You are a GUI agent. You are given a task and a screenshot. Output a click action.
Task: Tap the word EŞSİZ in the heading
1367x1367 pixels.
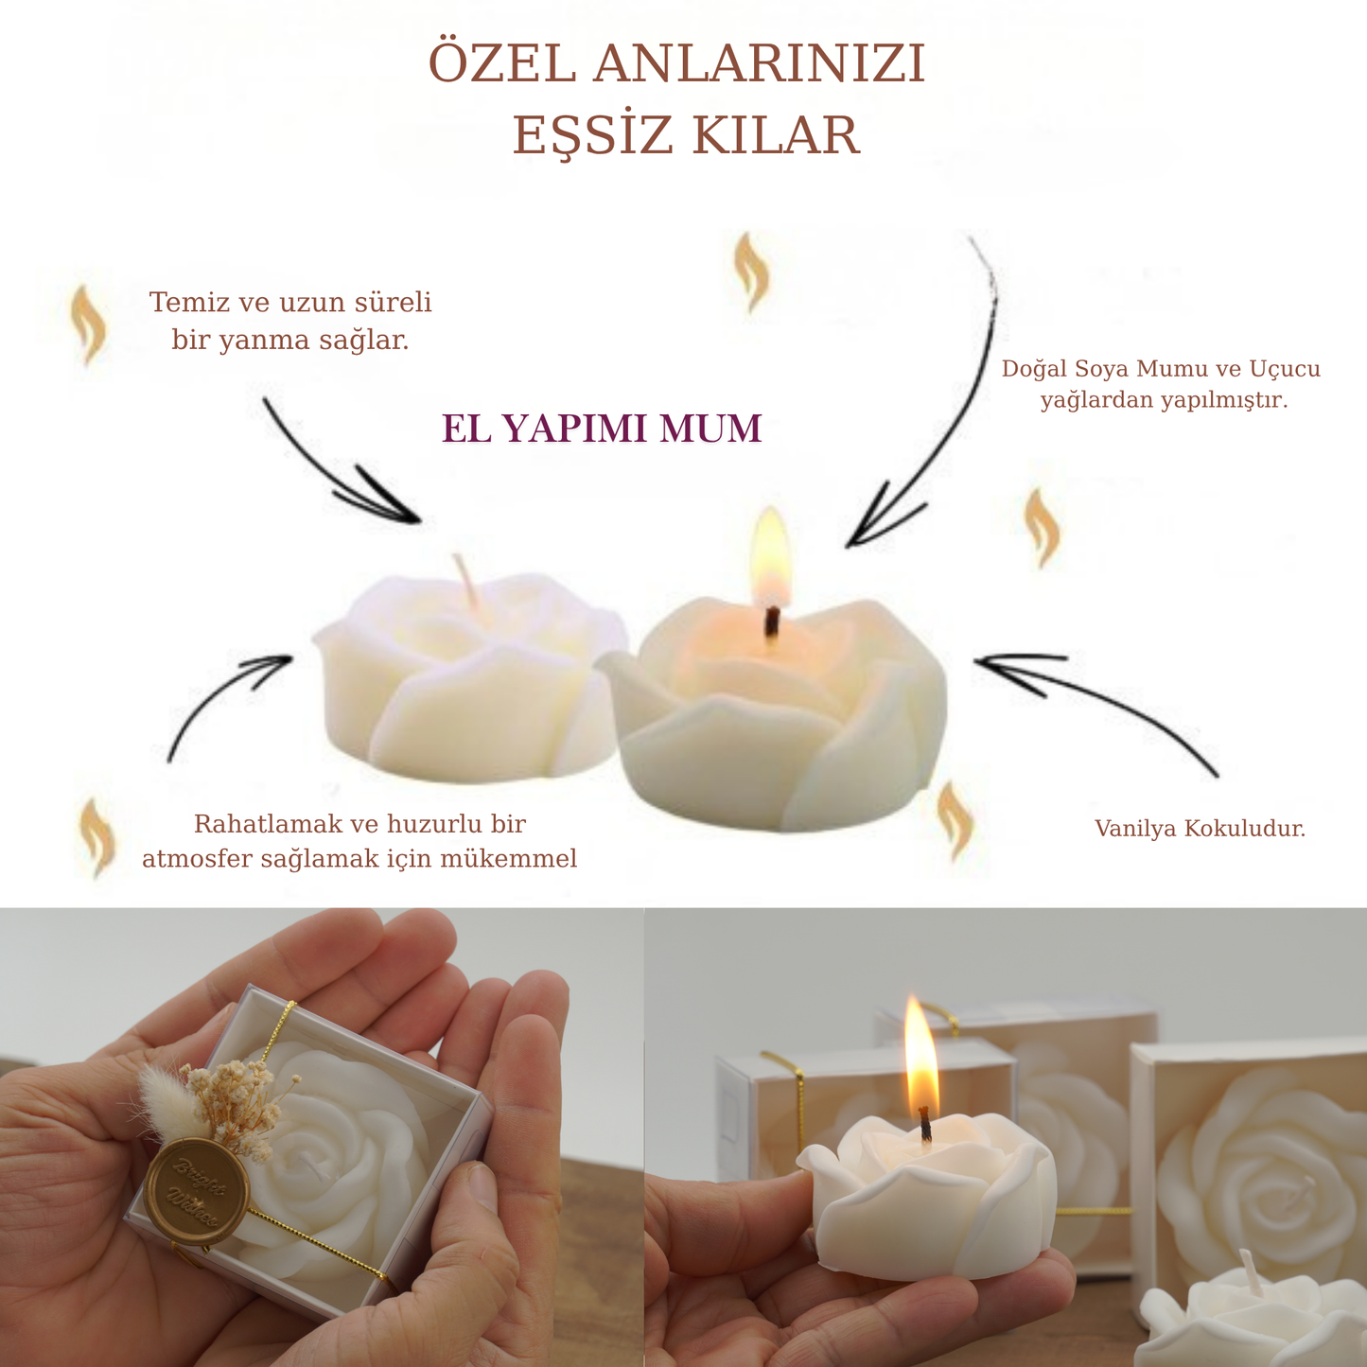[592, 135]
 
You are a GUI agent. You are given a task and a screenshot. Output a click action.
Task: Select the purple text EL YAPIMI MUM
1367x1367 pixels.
[602, 429]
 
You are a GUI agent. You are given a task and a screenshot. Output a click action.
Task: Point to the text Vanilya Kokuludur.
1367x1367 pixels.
[1200, 828]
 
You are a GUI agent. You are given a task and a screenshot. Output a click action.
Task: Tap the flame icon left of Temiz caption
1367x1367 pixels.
[88, 324]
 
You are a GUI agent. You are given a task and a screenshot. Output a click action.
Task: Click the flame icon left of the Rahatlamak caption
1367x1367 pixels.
[97, 838]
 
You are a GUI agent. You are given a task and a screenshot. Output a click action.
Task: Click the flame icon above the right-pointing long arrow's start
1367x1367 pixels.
[750, 273]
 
